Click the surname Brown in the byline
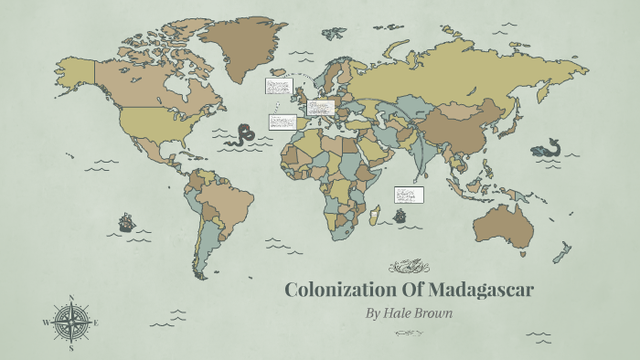tap(437, 313)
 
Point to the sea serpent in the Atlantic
tap(243, 135)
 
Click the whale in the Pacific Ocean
tap(548, 148)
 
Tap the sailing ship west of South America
tap(127, 222)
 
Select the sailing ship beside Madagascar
tap(399, 217)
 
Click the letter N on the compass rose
tap(70, 297)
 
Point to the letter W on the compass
tap(45, 323)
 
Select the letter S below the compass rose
tap(70, 348)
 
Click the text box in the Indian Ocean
tap(408, 195)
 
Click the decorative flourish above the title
tap(409, 267)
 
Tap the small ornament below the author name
tap(409, 334)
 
